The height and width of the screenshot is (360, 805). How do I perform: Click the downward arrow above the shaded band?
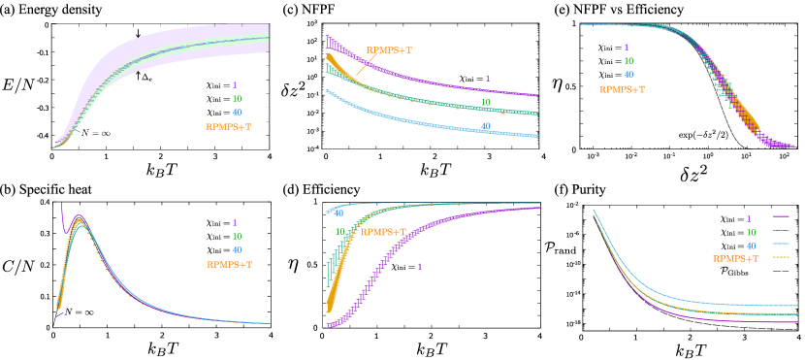tap(138, 34)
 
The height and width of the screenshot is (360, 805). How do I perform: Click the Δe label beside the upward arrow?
tap(147, 78)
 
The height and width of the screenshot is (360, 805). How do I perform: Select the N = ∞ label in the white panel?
tap(95, 133)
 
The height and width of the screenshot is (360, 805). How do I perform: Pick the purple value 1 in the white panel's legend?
tap(235, 85)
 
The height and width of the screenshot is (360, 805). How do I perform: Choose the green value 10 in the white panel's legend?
tap(237, 99)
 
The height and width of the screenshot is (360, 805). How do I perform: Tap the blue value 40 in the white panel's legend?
tap(237, 113)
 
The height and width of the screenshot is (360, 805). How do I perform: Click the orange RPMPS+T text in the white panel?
tap(228, 127)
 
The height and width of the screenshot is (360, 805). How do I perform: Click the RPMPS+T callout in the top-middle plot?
tap(389, 50)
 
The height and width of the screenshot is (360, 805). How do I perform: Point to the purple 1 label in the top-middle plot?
tap(487, 79)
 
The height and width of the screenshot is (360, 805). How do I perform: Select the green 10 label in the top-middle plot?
tap(485, 102)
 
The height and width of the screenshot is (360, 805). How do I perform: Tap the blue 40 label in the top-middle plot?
tap(485, 126)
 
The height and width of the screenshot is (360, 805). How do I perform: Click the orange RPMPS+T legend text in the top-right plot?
tap(622, 89)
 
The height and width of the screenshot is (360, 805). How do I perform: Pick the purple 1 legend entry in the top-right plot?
tap(626, 48)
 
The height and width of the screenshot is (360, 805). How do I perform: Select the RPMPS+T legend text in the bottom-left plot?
tap(229, 264)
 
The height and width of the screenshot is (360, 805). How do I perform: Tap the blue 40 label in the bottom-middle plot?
tap(338, 213)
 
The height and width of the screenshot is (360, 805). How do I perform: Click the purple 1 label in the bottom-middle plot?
tap(419, 267)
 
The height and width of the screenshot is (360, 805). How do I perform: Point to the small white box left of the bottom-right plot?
tap(572, 273)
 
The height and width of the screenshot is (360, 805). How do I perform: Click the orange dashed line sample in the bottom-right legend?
tap(781, 258)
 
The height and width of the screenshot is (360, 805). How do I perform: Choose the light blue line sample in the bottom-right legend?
tap(781, 245)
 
